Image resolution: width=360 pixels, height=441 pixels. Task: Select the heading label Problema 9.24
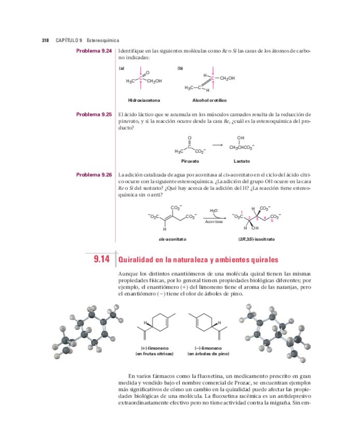coord(94,50)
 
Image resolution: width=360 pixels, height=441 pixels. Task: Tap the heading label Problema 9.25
coord(94,114)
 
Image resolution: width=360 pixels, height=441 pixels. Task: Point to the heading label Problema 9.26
coord(94,175)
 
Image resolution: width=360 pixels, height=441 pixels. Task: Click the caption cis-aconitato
coord(172,239)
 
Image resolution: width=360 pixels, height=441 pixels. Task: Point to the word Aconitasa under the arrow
coord(214,222)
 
